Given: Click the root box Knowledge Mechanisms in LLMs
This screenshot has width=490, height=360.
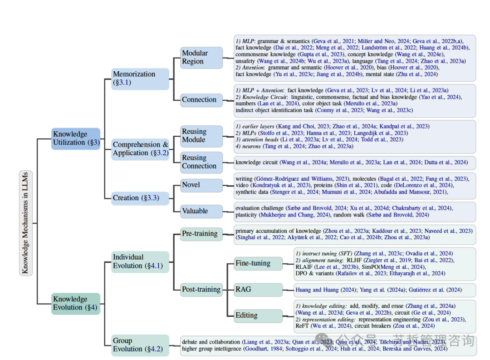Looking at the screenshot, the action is click(x=26, y=222).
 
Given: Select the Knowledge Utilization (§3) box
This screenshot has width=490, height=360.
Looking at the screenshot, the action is click(x=75, y=138).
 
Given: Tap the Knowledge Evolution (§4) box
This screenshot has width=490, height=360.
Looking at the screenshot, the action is click(x=75, y=303).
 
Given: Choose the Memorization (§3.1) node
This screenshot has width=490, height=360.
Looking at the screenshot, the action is click(x=140, y=79).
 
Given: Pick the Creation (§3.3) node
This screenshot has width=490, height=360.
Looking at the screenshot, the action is click(x=140, y=198).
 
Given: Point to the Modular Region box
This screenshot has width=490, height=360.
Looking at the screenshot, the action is click(x=201, y=57).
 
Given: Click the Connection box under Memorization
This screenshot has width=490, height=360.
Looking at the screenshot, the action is click(x=201, y=100).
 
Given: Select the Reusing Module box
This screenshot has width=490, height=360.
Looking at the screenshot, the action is click(x=201, y=136).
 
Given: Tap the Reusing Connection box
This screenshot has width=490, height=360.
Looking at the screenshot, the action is click(x=201, y=162).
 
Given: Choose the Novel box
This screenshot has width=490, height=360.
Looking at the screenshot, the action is click(x=201, y=185).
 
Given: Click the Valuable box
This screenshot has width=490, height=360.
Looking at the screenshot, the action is click(x=201, y=211).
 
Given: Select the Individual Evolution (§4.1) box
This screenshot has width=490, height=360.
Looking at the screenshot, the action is click(x=140, y=261).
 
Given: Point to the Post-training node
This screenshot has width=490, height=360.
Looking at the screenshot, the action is click(x=201, y=289).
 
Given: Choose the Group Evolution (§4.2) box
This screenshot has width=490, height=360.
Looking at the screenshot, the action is click(x=140, y=345).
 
